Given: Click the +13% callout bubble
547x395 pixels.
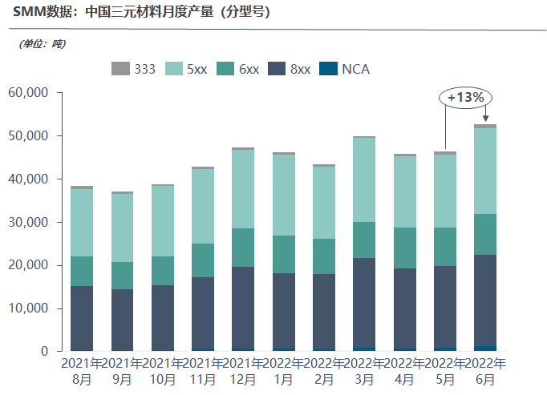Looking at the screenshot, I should [x=465, y=97].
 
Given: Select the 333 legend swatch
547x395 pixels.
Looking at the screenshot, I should [x=120, y=69].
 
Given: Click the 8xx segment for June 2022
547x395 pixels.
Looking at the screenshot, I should [x=485, y=300].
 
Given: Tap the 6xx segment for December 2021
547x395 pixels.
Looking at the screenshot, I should [x=242, y=248].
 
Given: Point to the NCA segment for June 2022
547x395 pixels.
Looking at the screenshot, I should [x=485, y=349].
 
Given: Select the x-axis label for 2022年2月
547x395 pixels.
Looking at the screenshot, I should [x=323, y=370].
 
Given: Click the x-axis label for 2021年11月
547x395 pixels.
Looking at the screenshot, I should [x=202, y=370].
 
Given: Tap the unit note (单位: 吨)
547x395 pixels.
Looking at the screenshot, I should [x=41, y=43].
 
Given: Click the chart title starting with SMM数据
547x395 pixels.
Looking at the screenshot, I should [x=141, y=12].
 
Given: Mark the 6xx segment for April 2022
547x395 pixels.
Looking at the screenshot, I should [x=404, y=248].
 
